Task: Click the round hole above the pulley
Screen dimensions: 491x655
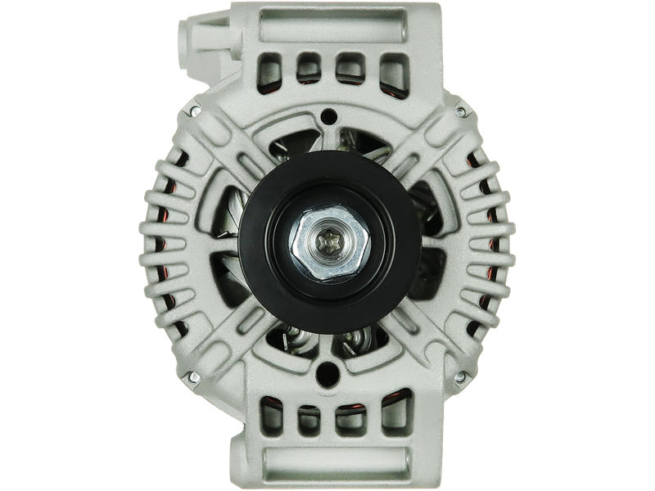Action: pos(330,117)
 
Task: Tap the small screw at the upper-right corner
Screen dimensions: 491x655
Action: pos(461,111)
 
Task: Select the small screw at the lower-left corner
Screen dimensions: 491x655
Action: pos(195,376)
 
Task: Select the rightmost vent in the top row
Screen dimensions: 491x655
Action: pos(393,65)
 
